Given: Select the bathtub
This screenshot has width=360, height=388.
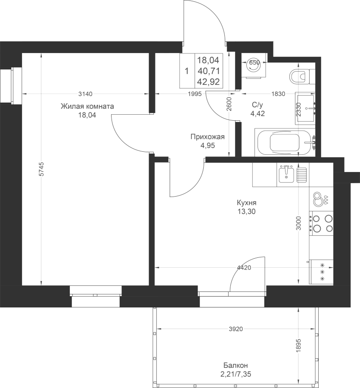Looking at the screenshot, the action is point(285,142).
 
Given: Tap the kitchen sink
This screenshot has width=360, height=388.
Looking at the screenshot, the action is point(286,175).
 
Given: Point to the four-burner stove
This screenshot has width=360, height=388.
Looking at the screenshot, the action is point(321,223).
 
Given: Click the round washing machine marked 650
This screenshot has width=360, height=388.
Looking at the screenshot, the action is point(254,66).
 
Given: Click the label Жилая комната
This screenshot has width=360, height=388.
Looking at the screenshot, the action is point(87,106).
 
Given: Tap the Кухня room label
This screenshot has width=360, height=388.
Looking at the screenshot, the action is point(246,203).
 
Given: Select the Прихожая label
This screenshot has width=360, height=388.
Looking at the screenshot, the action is point(208,137).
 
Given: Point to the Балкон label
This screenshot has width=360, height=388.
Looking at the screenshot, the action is point(236,365).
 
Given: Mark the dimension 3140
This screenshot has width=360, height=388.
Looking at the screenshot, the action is point(85,94).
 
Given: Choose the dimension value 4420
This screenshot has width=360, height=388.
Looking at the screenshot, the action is point(244,267).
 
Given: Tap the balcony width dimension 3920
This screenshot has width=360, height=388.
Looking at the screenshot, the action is point(236,329).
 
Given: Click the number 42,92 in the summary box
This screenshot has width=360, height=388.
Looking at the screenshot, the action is point(208,81).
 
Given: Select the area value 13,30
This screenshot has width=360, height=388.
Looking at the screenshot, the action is point(246,212).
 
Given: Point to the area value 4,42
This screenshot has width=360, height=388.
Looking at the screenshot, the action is point(257,113).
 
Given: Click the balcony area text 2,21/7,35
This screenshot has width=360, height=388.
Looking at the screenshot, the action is point(236,374).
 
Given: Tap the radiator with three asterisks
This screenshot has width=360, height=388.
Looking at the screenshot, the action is point(321,272).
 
